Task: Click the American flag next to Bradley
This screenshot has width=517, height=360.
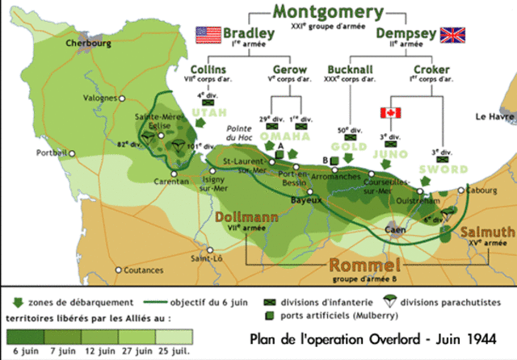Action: (x=208, y=35)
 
